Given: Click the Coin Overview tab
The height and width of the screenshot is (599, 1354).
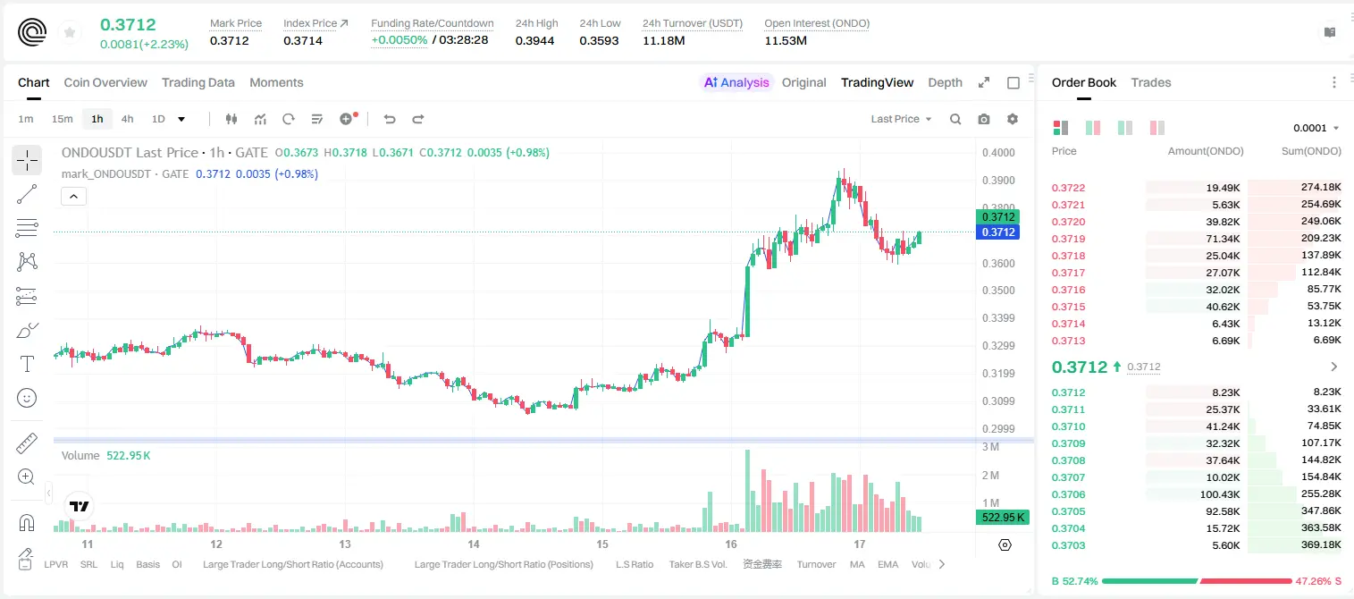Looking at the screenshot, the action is point(105,82).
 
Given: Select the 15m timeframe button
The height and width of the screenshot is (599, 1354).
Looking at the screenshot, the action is point(62,119).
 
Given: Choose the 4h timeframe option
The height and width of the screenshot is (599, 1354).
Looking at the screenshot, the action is point(127,119).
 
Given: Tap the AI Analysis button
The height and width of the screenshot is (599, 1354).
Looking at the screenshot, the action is point(736,82).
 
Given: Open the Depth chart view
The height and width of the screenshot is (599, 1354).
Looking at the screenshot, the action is point(945,82).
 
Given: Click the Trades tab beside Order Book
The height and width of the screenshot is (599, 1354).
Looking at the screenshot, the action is point(1151,82).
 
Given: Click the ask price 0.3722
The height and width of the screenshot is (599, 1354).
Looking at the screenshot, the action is point(1068,188).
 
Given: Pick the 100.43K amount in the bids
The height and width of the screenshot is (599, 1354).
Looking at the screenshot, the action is point(1220,494).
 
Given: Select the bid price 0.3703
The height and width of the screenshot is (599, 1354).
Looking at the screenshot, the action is point(1068,545).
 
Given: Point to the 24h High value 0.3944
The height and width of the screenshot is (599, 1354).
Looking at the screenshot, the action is point(535,40).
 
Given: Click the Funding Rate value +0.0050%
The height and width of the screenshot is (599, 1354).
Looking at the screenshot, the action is point(399,40).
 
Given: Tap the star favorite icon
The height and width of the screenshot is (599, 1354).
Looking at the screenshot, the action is point(70,32).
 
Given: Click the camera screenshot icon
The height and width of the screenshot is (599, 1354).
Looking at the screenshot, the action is point(984,119).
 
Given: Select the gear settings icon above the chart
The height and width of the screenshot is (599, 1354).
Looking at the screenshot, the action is point(1013,119).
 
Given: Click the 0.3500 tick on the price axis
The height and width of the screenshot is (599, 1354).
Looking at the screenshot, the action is point(998,291).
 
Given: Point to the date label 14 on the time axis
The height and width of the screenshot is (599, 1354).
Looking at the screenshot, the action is point(474,544).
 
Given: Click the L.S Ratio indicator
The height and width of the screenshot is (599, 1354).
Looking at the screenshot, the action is point(635,564).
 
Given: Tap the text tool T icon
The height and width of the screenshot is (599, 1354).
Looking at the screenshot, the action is point(27,364).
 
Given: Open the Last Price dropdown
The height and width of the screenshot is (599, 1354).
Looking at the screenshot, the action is point(901,119).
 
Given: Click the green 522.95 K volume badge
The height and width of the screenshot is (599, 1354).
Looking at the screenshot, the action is point(1002,518).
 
